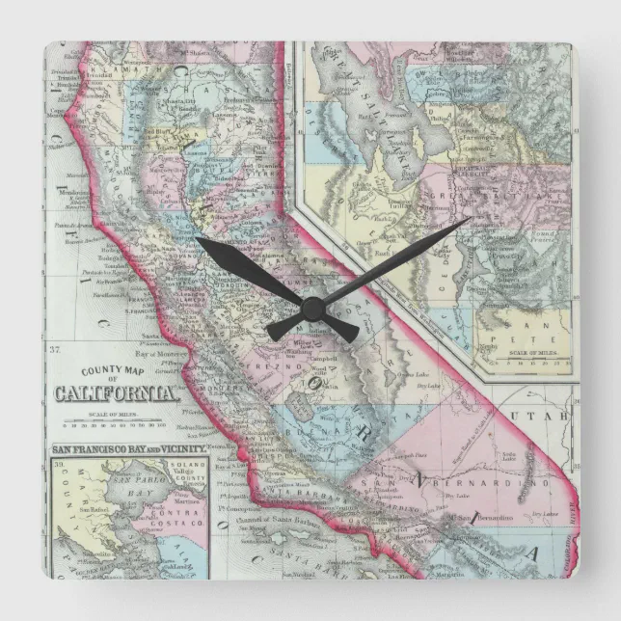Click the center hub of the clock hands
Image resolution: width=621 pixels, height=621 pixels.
pos(311,309)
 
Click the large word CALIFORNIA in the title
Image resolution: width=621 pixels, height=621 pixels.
pos(117,392)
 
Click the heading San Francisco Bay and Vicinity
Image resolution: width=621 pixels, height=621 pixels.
pos(129,449)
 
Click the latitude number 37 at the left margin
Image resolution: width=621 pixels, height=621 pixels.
pos(56,348)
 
